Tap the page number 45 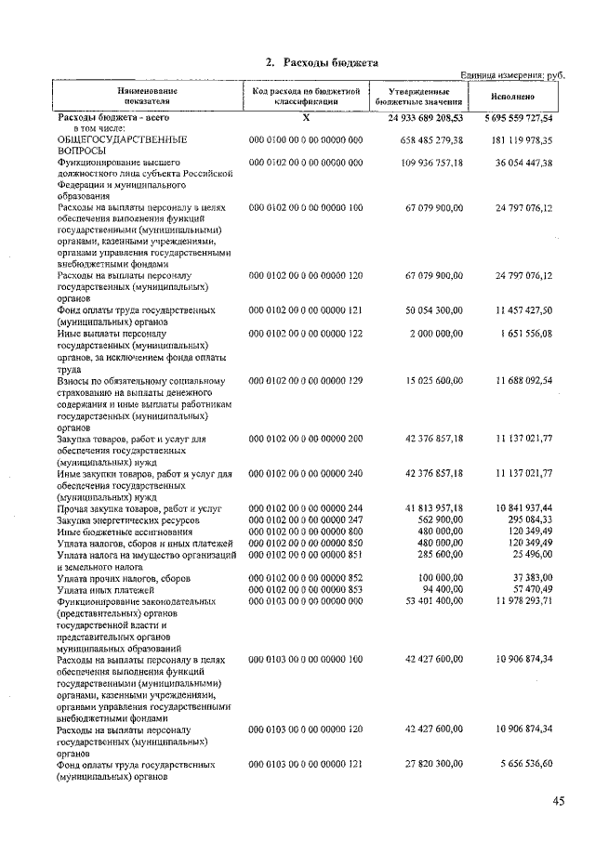tap(558, 801)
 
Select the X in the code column tap(306, 119)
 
